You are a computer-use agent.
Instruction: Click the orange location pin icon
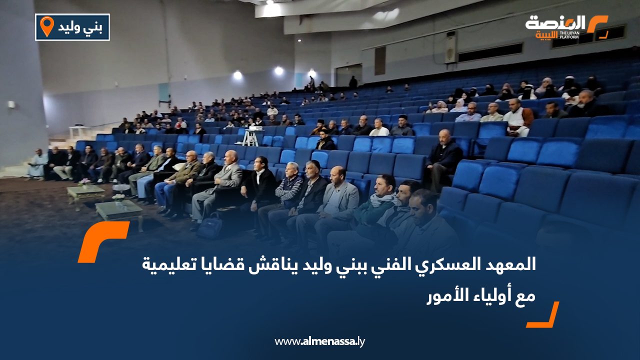(46, 26)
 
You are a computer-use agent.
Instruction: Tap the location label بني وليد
(80, 27)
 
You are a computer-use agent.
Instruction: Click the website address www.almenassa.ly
(319, 341)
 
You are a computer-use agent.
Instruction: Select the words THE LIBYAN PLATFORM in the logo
(569, 35)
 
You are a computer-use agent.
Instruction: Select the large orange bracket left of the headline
(103, 241)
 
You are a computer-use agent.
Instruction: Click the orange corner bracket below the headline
(543, 315)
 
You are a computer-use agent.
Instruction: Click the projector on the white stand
(254, 128)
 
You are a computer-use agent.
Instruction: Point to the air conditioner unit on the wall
(450, 47)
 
